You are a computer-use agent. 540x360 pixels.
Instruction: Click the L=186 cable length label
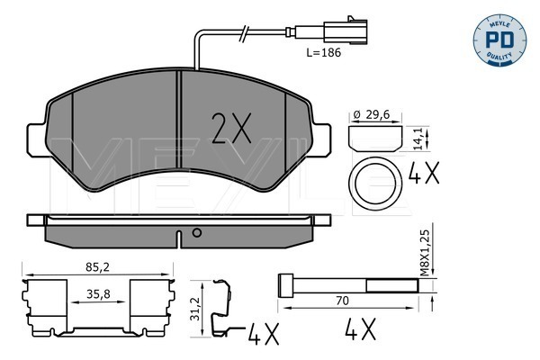324,53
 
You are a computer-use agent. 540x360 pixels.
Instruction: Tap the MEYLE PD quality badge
499,40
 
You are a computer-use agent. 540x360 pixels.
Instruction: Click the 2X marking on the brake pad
231,128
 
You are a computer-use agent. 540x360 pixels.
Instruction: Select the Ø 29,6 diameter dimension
373,114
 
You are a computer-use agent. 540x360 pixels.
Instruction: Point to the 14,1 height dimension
418,139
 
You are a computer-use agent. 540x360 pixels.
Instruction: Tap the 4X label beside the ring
424,173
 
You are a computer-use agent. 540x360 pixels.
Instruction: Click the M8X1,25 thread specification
426,253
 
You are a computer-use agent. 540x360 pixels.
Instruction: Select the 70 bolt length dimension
342,301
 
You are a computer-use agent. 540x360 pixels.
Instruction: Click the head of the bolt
285,285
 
